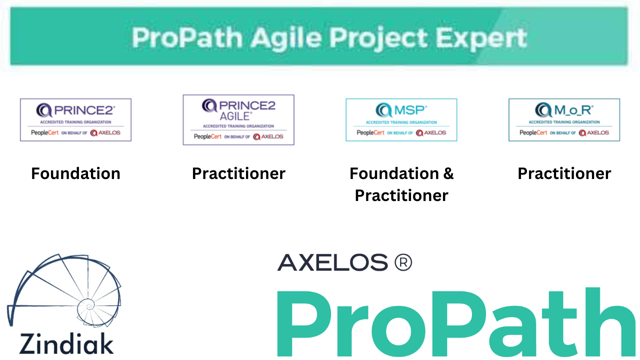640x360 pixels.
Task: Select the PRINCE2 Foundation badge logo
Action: coord(75,120)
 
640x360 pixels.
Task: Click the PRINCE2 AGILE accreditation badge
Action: coord(238,120)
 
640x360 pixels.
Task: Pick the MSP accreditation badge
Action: coord(401,120)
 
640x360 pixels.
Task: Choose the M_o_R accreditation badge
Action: coord(564,120)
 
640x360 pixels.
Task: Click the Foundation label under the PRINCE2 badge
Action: coord(75,173)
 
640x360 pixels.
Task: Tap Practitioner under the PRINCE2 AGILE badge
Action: coord(238,173)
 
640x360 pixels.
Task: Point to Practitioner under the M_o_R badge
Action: coord(564,173)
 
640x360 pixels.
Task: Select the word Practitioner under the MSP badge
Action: coord(401,195)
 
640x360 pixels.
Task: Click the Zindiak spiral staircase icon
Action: coord(64,290)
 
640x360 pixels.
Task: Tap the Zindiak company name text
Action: coord(66,344)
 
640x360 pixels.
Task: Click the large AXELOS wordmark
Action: coord(332,262)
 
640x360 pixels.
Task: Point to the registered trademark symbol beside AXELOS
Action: coord(403,262)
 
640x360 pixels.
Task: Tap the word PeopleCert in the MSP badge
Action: coord(370,133)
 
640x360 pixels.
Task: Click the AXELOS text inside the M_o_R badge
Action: coord(597,133)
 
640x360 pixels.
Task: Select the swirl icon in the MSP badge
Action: coord(383,110)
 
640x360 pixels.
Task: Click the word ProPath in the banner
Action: coord(187,37)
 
